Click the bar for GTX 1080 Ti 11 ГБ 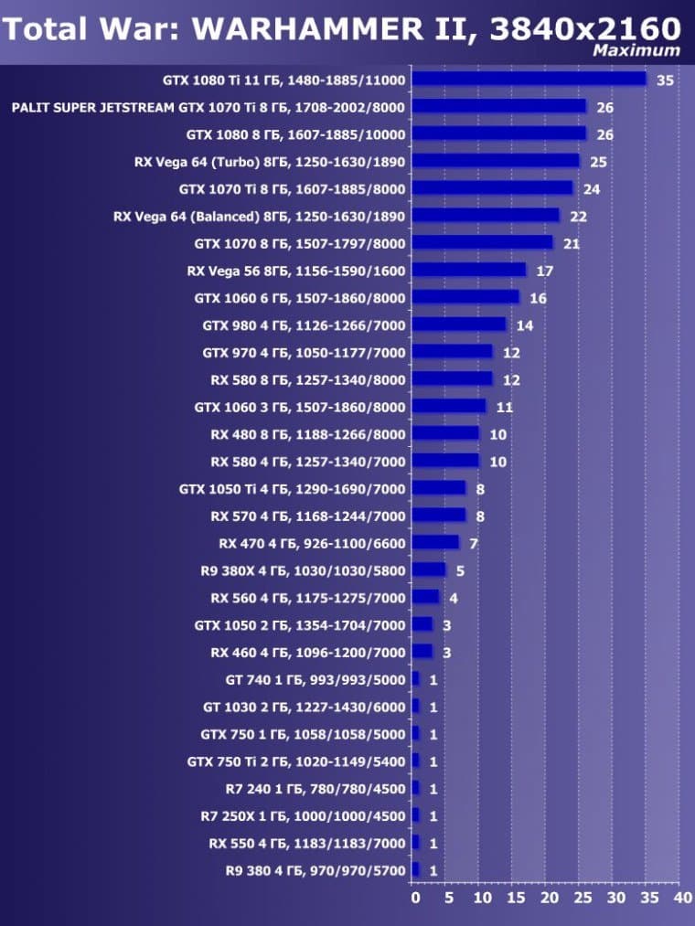[529, 80]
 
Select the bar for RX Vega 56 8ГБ [469, 271]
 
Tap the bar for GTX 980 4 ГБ [459, 325]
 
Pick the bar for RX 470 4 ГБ [435, 543]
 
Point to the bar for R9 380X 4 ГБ [429, 570]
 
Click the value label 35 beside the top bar [665, 80]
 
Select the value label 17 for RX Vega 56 [544, 271]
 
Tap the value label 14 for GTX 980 [524, 325]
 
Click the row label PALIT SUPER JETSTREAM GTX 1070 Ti [208, 107]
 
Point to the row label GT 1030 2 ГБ [304, 707]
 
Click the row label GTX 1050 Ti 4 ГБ [292, 489]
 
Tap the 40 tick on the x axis [680, 899]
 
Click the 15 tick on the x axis [514, 899]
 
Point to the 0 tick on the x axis [416, 899]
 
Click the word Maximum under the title [636, 50]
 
